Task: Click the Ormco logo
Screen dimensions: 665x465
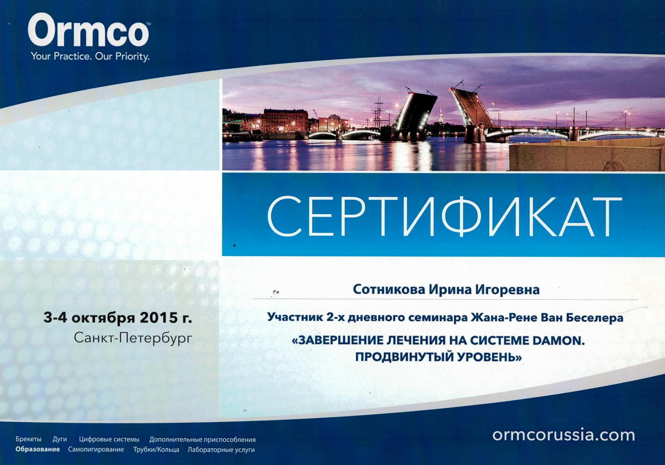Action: tap(89, 30)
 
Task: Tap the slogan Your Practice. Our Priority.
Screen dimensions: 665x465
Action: tap(90, 56)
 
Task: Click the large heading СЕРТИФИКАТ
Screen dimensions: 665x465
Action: tap(445, 217)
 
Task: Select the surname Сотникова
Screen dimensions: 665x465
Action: tap(389, 289)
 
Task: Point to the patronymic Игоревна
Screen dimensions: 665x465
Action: tap(507, 290)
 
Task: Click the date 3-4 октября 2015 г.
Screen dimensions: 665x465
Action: tap(118, 317)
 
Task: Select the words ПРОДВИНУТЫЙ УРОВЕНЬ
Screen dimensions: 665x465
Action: tap(438, 357)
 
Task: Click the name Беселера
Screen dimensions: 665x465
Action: tap(594, 317)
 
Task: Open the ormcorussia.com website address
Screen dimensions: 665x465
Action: tap(564, 435)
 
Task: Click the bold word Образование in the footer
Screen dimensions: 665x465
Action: tap(38, 449)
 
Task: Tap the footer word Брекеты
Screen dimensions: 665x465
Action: tap(28, 439)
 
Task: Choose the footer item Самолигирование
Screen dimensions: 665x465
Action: tap(96, 449)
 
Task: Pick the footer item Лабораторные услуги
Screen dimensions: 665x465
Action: tap(221, 450)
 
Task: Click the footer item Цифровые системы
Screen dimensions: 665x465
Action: tap(109, 439)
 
